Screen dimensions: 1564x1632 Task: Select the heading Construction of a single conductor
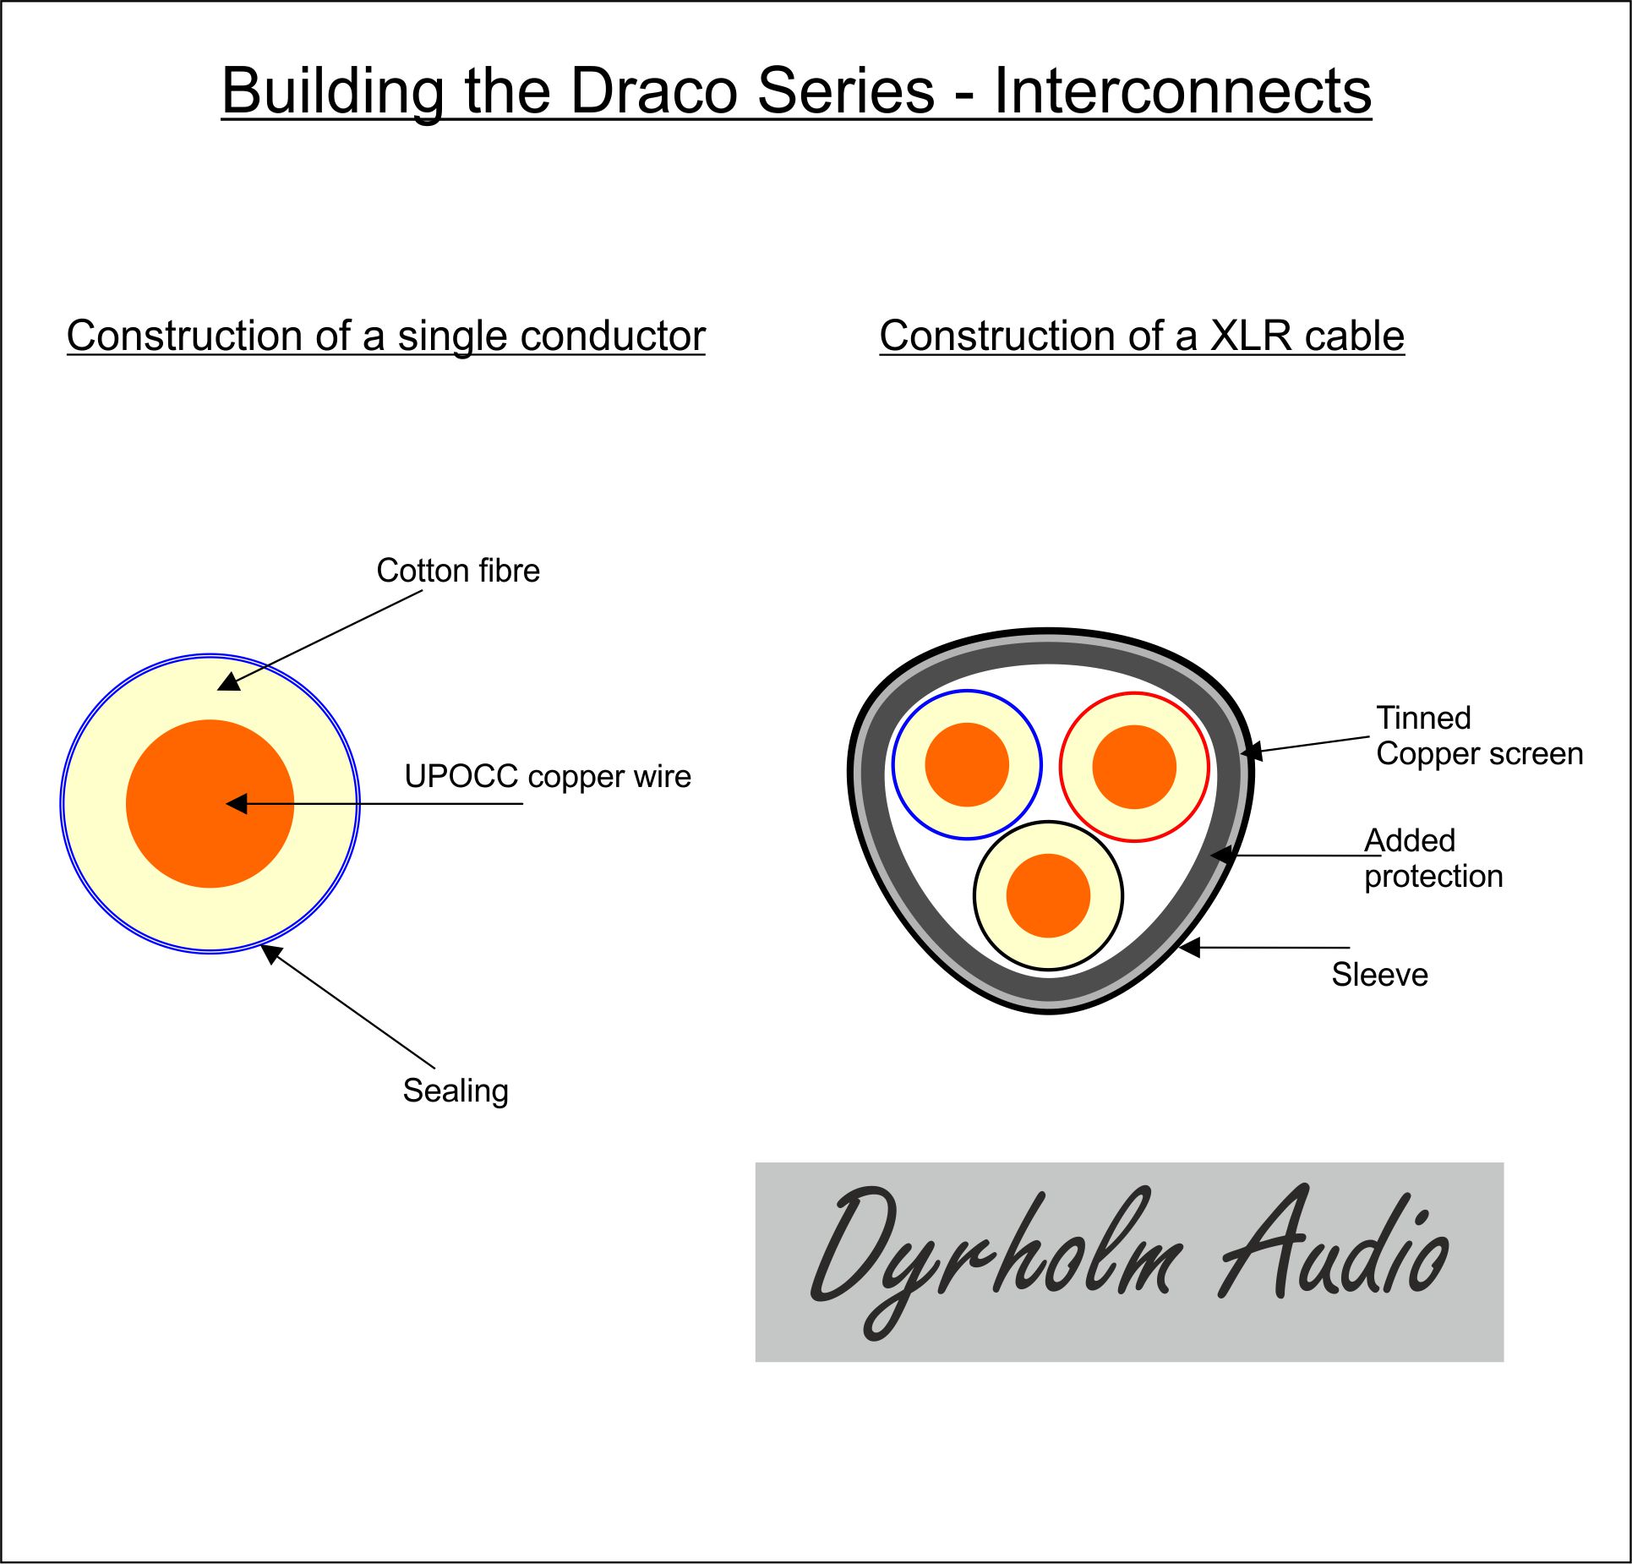pyautogui.click(x=385, y=336)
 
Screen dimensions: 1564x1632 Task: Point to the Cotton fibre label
pyautogui.click(x=457, y=571)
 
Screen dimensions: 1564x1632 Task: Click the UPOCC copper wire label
pyautogui.click(x=547, y=776)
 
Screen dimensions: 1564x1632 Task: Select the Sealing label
pyautogui.click(x=455, y=1091)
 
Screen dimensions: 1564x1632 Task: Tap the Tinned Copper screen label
pyautogui.click(x=1478, y=736)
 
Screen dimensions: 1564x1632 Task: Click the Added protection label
pyautogui.click(x=1433, y=858)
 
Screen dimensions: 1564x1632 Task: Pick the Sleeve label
pyautogui.click(x=1379, y=975)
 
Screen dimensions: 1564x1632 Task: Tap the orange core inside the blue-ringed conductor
pyautogui.click(x=967, y=765)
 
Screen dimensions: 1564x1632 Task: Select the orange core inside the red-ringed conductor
pyautogui.click(x=1134, y=767)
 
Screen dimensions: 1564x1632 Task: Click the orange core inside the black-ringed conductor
pyautogui.click(x=1048, y=896)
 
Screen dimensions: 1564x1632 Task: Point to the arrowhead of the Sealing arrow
pyautogui.click(x=270, y=953)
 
